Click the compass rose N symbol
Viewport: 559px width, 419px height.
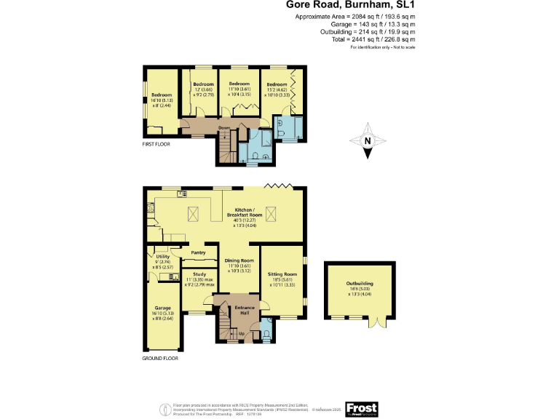point(368,141)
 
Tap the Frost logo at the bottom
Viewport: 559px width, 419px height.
point(362,410)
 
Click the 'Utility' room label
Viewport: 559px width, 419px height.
point(162,257)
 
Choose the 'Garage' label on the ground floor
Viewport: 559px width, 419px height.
point(162,308)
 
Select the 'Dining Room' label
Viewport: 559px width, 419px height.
point(239,260)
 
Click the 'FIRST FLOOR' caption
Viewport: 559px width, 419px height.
point(156,145)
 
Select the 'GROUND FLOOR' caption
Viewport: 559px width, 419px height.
point(160,358)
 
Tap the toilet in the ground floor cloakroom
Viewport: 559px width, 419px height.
point(266,334)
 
